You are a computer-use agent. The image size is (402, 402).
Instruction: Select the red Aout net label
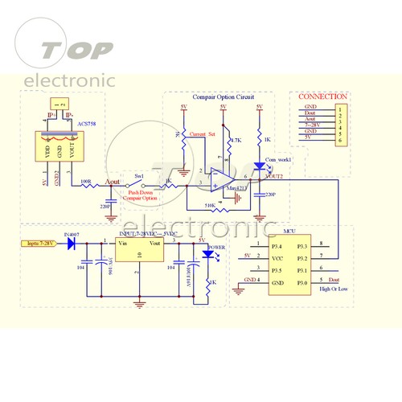coord(113,183)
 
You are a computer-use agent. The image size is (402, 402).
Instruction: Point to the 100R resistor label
coord(86,181)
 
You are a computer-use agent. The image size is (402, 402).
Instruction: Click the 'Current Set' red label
coord(201,133)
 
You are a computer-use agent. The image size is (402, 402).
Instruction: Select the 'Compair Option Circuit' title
coord(223,96)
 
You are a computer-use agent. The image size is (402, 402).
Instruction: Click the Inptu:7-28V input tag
coord(38,242)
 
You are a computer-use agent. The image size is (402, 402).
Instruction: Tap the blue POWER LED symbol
coord(207,255)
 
